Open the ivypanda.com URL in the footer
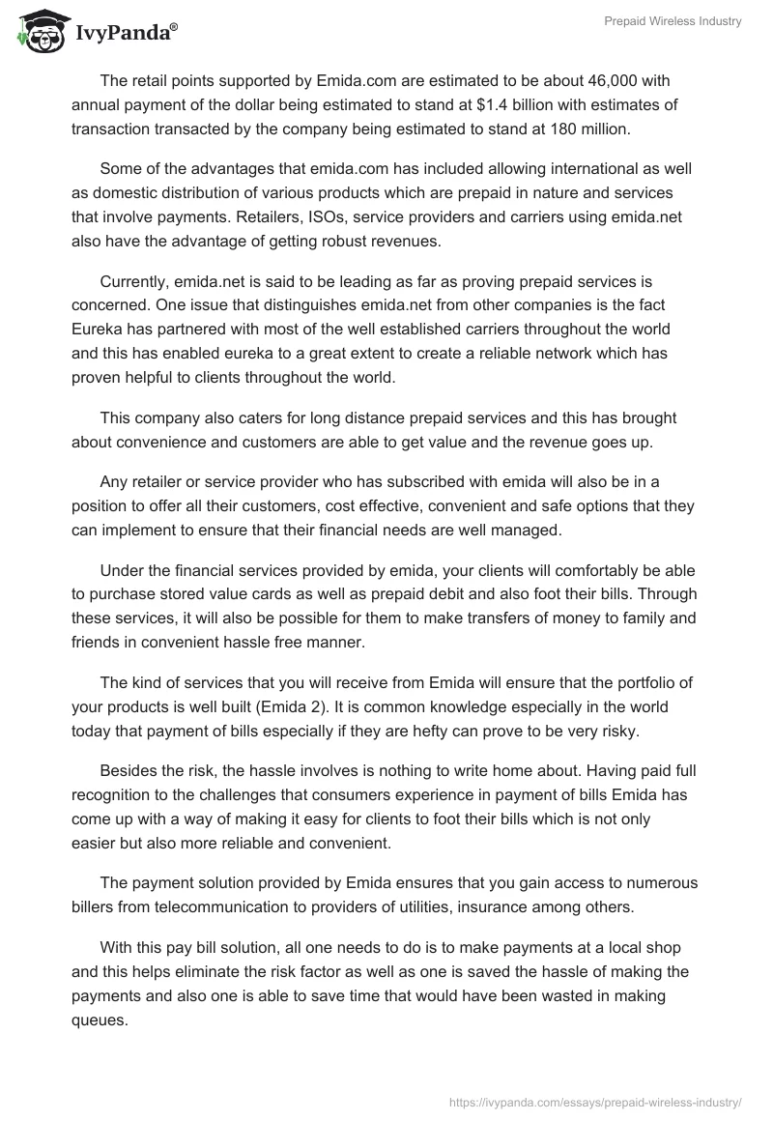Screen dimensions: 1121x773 pos(596,1101)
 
